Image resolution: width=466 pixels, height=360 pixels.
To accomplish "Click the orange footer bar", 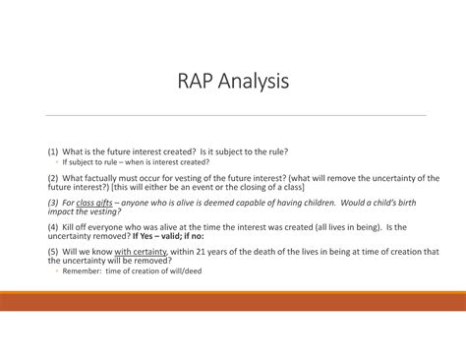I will coord(233,301).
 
